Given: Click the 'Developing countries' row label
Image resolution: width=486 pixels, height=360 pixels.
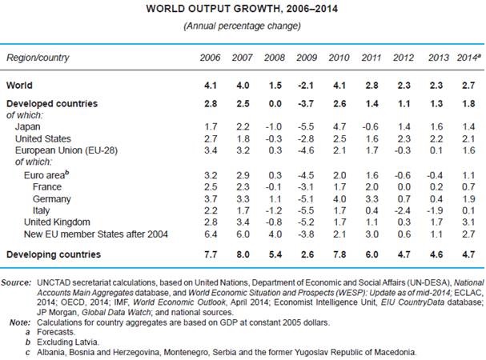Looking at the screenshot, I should (54, 254).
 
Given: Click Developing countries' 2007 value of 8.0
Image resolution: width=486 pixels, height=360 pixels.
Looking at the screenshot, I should (240, 254).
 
